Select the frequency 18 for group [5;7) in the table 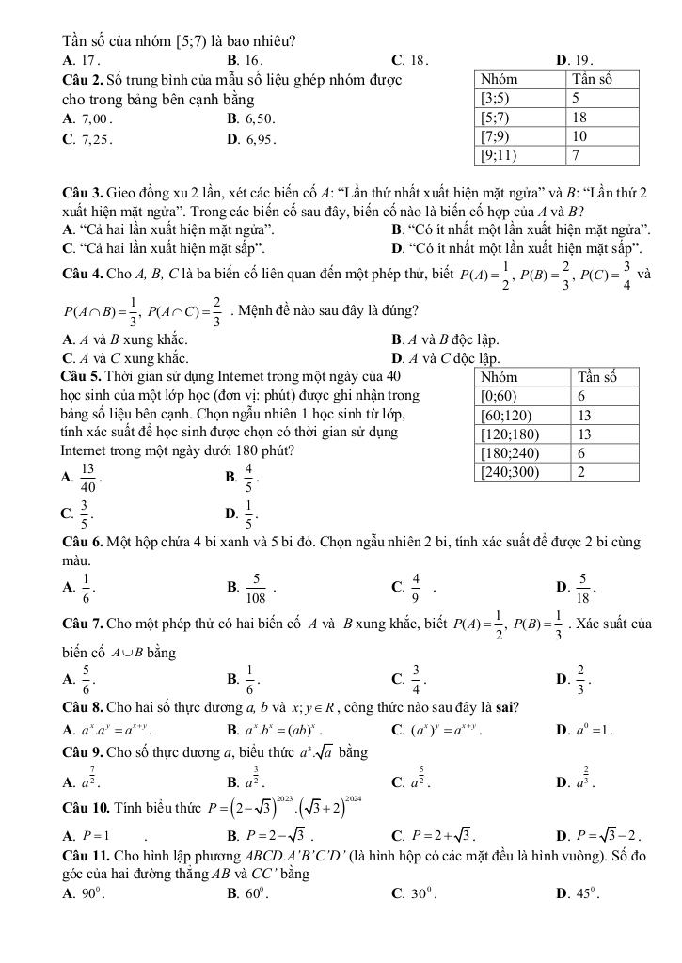[580, 118]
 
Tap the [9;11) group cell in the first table [499, 155]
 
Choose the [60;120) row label [507, 415]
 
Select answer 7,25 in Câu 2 [92, 138]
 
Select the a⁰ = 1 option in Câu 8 [587, 726]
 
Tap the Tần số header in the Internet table [595, 377]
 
